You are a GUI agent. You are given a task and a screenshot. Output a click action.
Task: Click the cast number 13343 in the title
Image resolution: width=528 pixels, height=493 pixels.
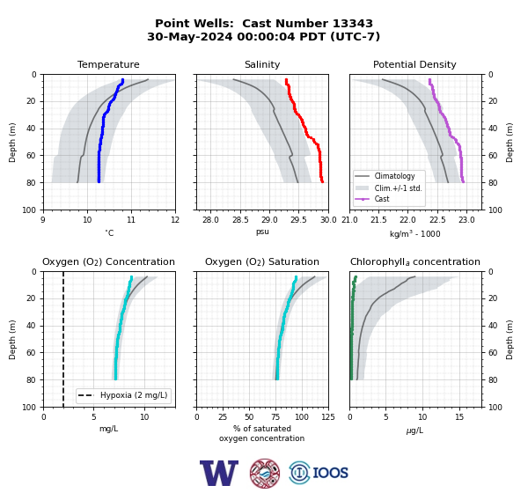(x=353, y=24)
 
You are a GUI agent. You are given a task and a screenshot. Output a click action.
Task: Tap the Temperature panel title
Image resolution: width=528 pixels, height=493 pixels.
(x=108, y=64)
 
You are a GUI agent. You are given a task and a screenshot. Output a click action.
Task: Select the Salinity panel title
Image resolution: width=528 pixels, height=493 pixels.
(x=262, y=64)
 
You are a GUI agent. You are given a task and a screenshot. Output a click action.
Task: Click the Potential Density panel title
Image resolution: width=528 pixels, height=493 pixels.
(x=414, y=64)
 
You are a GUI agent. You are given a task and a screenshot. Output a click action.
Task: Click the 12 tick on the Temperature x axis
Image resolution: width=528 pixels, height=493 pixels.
(x=175, y=220)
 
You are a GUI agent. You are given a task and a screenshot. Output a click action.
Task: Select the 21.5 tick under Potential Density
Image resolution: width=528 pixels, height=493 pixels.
(x=378, y=220)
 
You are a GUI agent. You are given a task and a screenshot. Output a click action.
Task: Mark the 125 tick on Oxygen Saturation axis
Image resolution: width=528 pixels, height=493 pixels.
(x=328, y=417)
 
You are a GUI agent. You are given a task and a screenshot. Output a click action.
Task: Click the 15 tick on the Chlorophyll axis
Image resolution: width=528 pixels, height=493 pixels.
(x=459, y=417)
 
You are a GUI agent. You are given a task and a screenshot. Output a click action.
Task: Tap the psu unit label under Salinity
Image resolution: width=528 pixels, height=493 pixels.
(x=262, y=232)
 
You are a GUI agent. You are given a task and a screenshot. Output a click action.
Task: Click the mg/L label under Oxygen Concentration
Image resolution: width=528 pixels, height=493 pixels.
(x=108, y=429)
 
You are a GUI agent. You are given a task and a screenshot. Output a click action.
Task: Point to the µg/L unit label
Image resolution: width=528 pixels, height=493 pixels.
(x=414, y=430)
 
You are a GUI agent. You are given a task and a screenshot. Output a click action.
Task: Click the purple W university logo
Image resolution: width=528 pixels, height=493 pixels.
(x=219, y=473)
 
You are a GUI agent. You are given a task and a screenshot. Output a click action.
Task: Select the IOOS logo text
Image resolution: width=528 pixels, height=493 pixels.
(x=330, y=473)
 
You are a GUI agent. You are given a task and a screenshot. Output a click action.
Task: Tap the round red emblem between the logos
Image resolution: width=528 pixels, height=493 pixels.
(x=265, y=473)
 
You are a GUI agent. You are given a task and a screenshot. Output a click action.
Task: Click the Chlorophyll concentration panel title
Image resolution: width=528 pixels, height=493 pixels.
(x=415, y=261)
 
